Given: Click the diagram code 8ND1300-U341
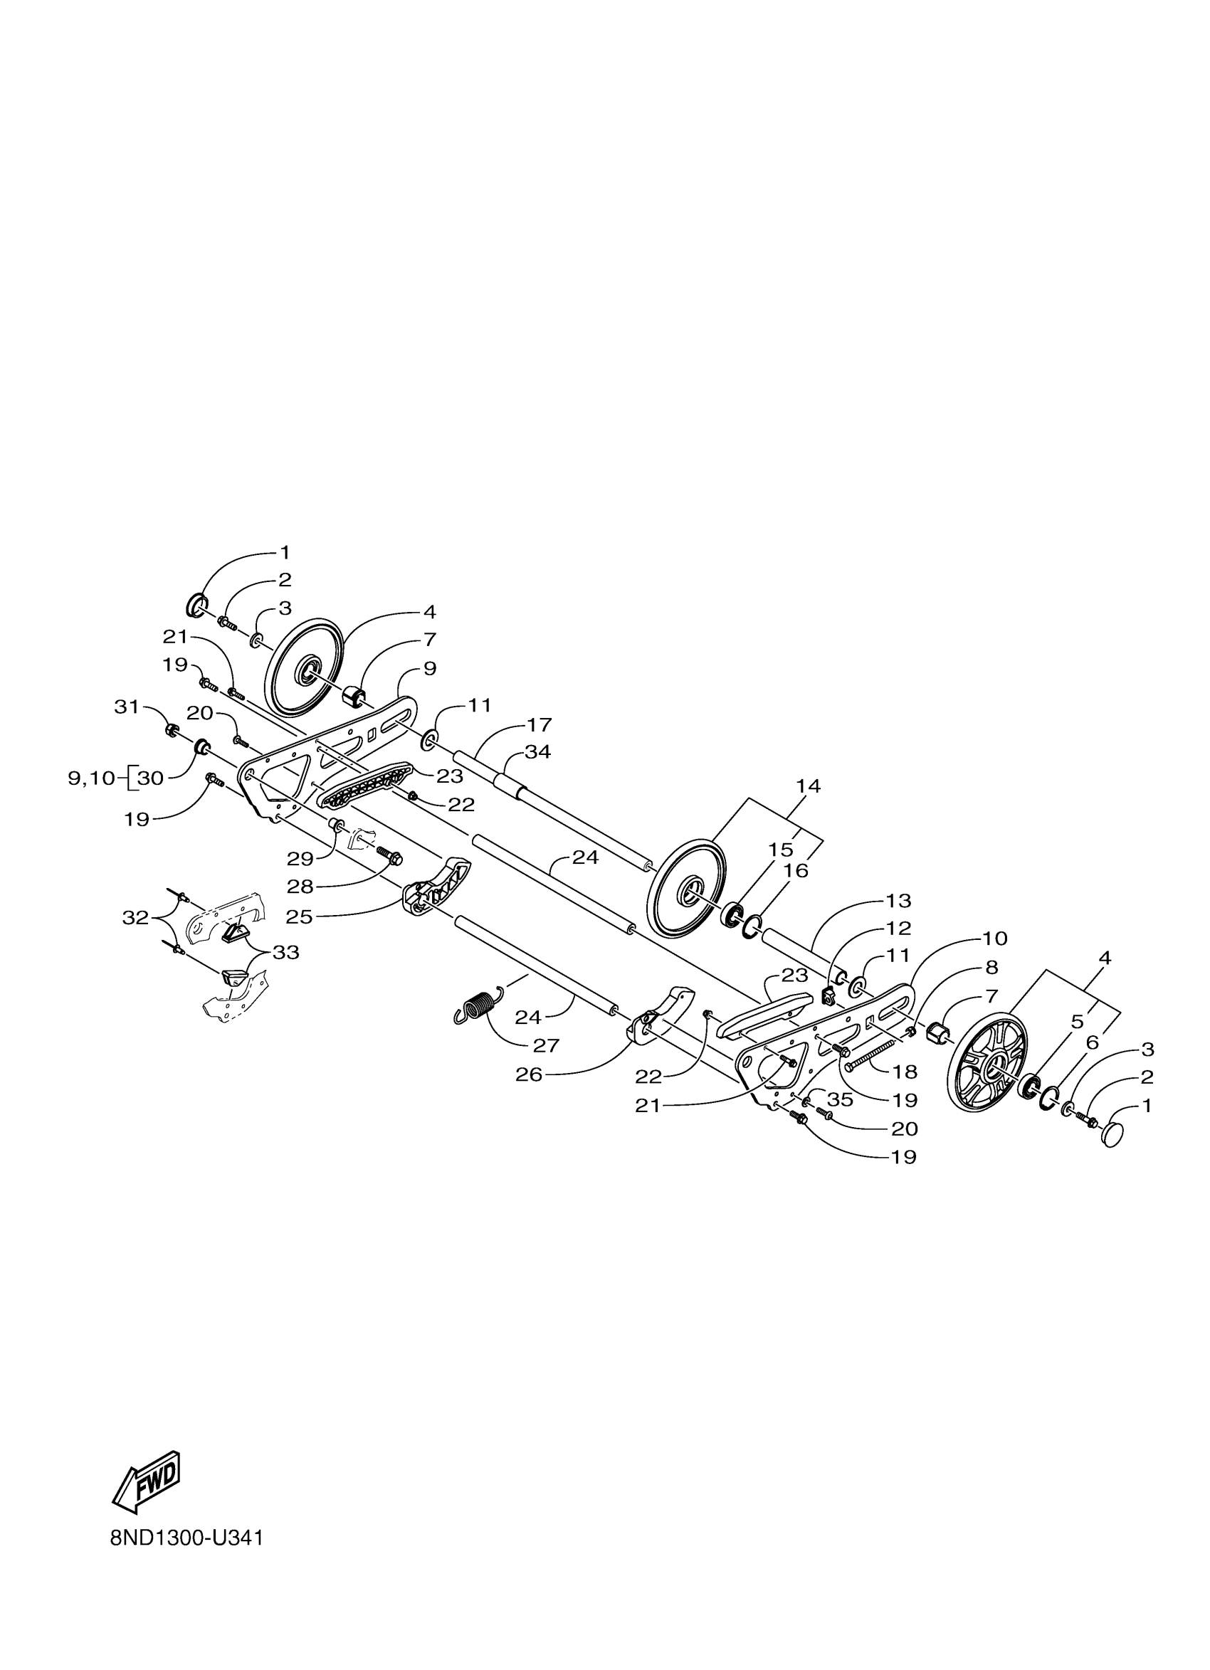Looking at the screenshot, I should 186,1539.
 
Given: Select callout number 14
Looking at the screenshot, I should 808,786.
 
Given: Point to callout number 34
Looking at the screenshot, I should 537,752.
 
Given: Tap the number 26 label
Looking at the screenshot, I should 529,1075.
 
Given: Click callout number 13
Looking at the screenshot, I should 898,901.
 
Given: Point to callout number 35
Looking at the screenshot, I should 840,1099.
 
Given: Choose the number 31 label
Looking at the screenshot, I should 127,707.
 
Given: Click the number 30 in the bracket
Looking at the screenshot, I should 150,778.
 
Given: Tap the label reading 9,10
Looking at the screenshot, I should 92,778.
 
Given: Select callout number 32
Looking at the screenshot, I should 135,917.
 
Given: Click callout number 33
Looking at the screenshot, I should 285,952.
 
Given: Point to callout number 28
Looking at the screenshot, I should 300,887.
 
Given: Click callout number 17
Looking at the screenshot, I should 539,724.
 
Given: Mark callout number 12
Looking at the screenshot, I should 898,928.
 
